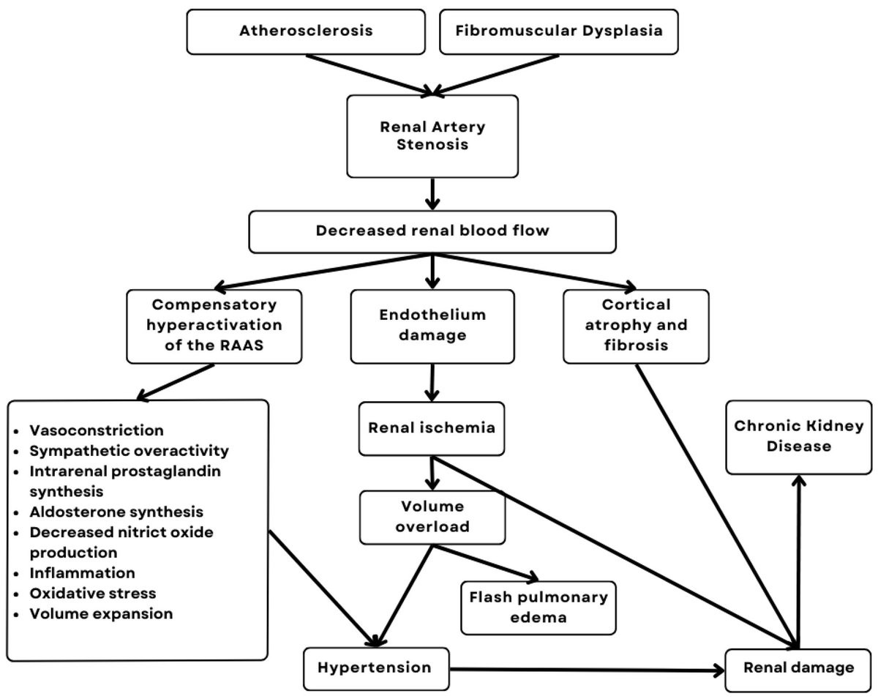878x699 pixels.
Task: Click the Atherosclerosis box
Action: tap(305, 31)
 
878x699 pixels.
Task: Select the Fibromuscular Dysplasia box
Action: tap(558, 31)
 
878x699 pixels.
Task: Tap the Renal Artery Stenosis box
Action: tap(432, 135)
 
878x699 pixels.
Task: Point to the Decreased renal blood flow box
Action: tap(432, 231)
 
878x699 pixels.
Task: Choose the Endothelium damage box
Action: tap(432, 326)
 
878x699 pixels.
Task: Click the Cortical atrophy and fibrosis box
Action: tap(636, 326)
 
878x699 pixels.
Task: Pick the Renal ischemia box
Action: tap(432, 428)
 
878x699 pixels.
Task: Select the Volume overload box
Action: tap(432, 517)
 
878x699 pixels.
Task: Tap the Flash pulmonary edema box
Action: tap(539, 607)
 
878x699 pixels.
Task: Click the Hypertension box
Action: tap(376, 668)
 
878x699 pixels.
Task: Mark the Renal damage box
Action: tap(798, 668)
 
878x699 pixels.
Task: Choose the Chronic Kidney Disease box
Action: tap(798, 436)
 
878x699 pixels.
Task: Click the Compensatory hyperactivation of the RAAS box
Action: tap(214, 326)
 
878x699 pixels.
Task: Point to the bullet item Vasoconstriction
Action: tap(97, 430)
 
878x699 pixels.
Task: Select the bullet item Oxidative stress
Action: tap(93, 593)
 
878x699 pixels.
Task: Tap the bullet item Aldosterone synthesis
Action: tap(116, 512)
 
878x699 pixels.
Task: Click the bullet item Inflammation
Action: tap(82, 572)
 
